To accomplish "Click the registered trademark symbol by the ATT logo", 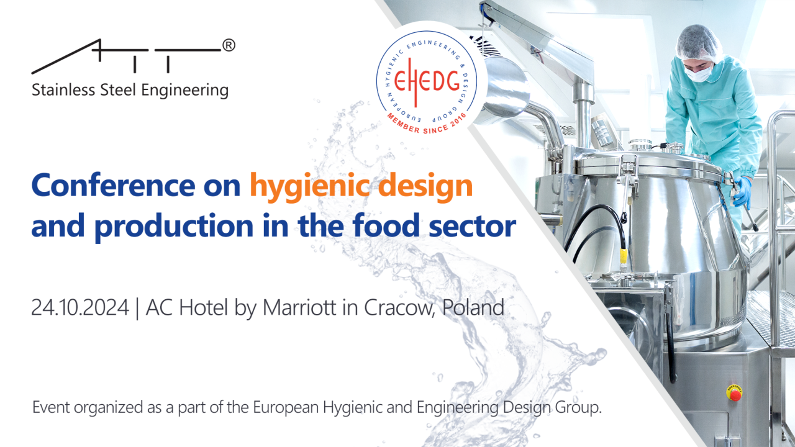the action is [x=229, y=45].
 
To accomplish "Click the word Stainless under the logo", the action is [x=63, y=90].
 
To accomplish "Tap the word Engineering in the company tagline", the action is [x=185, y=91].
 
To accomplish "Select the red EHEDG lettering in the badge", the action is [x=427, y=81].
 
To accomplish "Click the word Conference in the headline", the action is [x=113, y=185].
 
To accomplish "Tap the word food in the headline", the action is [x=386, y=225].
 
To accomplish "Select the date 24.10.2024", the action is [x=80, y=307].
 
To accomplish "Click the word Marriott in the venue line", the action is [x=299, y=307].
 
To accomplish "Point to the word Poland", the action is [x=473, y=307].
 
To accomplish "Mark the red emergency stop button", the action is [x=734, y=394].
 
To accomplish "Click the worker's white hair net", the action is [x=698, y=42].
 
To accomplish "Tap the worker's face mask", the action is [x=698, y=74].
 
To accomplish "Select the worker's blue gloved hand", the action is [x=742, y=192].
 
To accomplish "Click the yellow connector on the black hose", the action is [x=624, y=256].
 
